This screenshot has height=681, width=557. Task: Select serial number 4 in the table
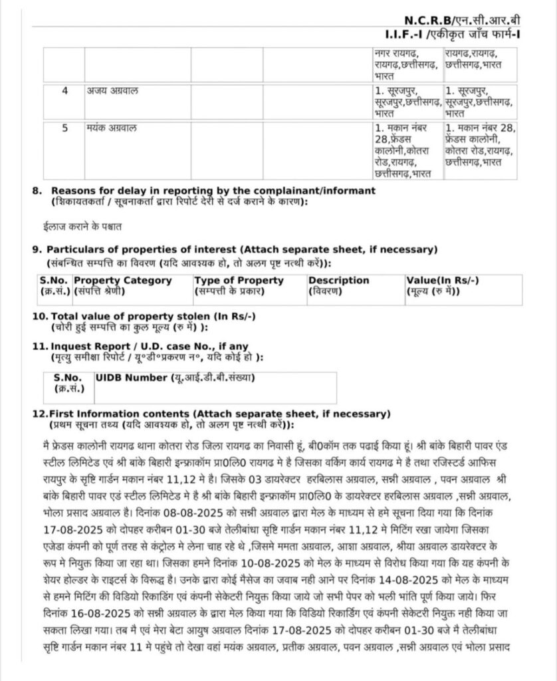click(64, 90)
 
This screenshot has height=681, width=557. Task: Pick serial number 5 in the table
click(64, 128)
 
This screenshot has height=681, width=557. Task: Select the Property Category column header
click(122, 280)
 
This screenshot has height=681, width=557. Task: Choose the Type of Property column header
click(239, 280)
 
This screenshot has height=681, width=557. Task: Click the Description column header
click(338, 280)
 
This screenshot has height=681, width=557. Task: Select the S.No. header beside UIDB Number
click(66, 378)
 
